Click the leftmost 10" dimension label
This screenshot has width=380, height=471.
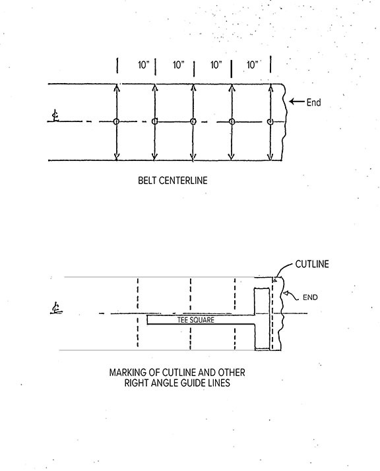pyautogui.click(x=144, y=65)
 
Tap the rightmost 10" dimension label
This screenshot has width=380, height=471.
pyautogui.click(x=253, y=65)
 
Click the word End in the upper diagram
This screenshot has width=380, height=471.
pyautogui.click(x=313, y=102)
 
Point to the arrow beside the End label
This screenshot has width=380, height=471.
pyautogui.click(x=297, y=102)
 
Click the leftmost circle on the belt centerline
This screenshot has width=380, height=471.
pyautogui.click(x=116, y=121)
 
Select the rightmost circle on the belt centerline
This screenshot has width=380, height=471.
pyautogui.click(x=270, y=121)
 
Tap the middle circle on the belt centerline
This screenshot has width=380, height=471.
pyautogui.click(x=193, y=121)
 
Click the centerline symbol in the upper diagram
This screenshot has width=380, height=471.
pyautogui.click(x=55, y=116)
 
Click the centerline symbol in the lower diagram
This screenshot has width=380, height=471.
pyautogui.click(x=56, y=309)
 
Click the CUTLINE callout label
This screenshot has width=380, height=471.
pyautogui.click(x=312, y=265)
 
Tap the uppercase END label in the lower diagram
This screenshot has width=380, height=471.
pyautogui.click(x=310, y=298)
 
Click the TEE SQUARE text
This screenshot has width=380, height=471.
pyautogui.click(x=196, y=320)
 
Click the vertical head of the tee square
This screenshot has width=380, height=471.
pyautogui.click(x=262, y=319)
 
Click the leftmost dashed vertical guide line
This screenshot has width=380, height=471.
pyautogui.click(x=138, y=313)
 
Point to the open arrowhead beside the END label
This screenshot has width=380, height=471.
pyautogui.click(x=286, y=292)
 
